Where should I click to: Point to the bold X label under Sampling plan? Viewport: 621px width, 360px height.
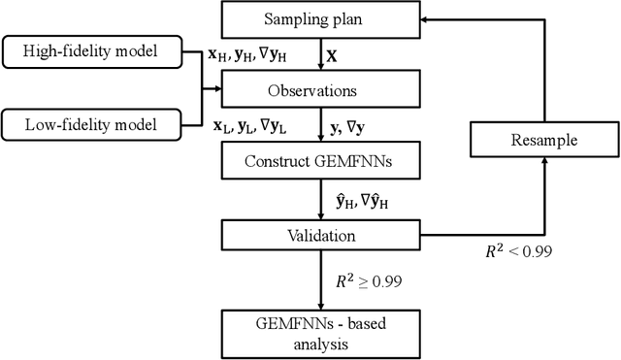coord(332,57)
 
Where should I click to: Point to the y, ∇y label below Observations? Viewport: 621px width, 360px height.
coord(348,126)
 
